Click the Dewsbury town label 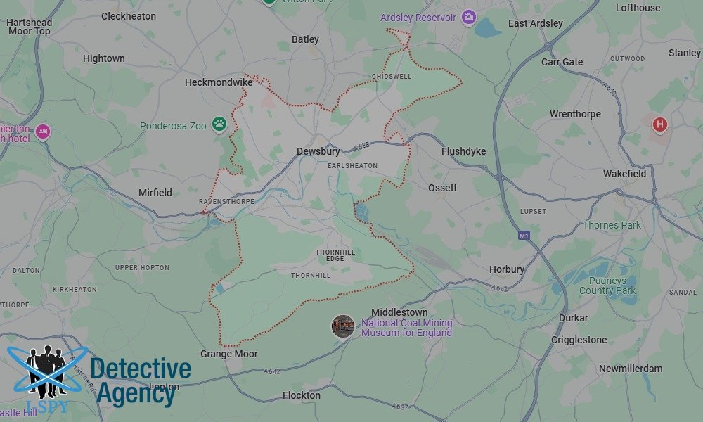(318, 151)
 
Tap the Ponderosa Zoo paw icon (220, 124)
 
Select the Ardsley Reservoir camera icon (468, 17)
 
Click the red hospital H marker (659, 125)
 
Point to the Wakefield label (624, 174)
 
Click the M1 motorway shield (522, 235)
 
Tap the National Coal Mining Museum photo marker (343, 326)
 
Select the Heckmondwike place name (219, 82)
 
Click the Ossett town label (442, 188)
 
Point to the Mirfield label (155, 193)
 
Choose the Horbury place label (507, 269)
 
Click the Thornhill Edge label (335, 255)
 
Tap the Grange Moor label (229, 354)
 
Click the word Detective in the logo (141, 369)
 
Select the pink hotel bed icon (43, 131)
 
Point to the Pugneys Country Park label (607, 286)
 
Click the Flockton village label (301, 395)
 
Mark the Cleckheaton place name (129, 15)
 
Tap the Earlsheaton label (352, 166)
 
